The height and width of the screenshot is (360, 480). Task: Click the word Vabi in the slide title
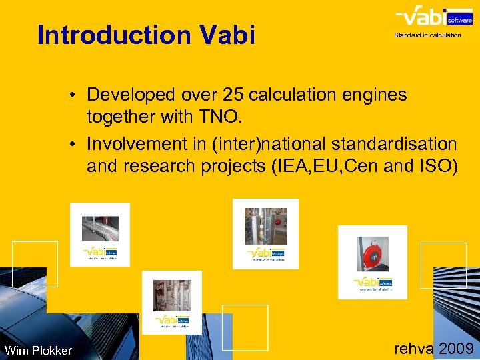pyautogui.click(x=229, y=35)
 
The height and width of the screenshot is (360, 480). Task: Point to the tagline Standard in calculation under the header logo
pyautogui.click(x=427, y=35)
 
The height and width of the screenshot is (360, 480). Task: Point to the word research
pyautogui.click(x=159, y=167)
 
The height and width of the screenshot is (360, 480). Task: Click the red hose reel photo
pyautogui.click(x=372, y=253)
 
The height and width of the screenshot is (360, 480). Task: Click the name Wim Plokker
pyautogui.click(x=38, y=351)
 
